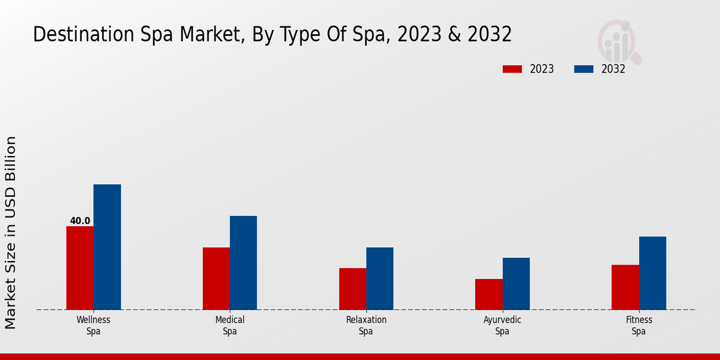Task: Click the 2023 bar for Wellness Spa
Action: click(x=80, y=268)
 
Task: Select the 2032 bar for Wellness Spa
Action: click(x=107, y=247)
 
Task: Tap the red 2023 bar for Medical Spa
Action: click(x=216, y=278)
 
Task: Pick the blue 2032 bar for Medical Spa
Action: click(x=243, y=263)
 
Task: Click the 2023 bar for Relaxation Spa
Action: click(x=352, y=289)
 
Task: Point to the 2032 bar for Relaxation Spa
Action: click(x=380, y=278)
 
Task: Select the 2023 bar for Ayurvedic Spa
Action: click(x=488, y=294)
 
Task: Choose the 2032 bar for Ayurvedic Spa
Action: click(x=516, y=284)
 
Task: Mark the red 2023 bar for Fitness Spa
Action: click(x=625, y=287)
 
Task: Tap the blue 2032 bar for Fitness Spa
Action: click(x=652, y=273)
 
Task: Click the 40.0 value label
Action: click(x=80, y=221)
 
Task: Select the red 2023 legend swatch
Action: click(x=512, y=69)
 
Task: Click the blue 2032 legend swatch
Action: click(x=584, y=69)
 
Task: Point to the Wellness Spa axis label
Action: click(x=93, y=325)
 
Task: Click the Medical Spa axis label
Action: click(x=230, y=325)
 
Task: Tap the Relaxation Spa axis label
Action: click(x=366, y=325)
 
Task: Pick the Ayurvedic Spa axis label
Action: click(x=502, y=325)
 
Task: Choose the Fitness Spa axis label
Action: click(x=638, y=325)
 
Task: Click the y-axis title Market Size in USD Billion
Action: click(x=11, y=232)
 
